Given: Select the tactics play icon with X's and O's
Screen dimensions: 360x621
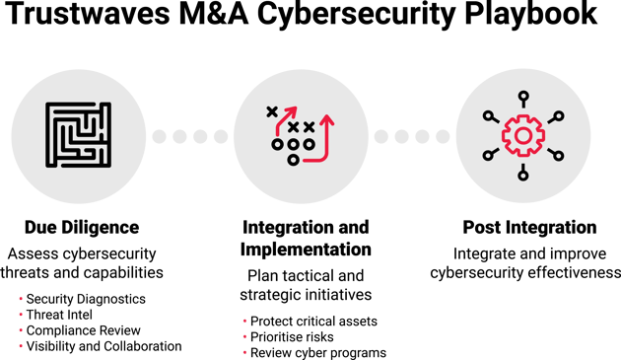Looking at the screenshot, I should (301, 133).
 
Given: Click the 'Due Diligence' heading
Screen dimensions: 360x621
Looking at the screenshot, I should (82, 227).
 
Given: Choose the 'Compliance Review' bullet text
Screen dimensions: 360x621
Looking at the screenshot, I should (84, 330).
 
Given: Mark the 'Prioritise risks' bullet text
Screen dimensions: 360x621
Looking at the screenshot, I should (289, 337).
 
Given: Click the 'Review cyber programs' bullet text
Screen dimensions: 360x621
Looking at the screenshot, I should (317, 353).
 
